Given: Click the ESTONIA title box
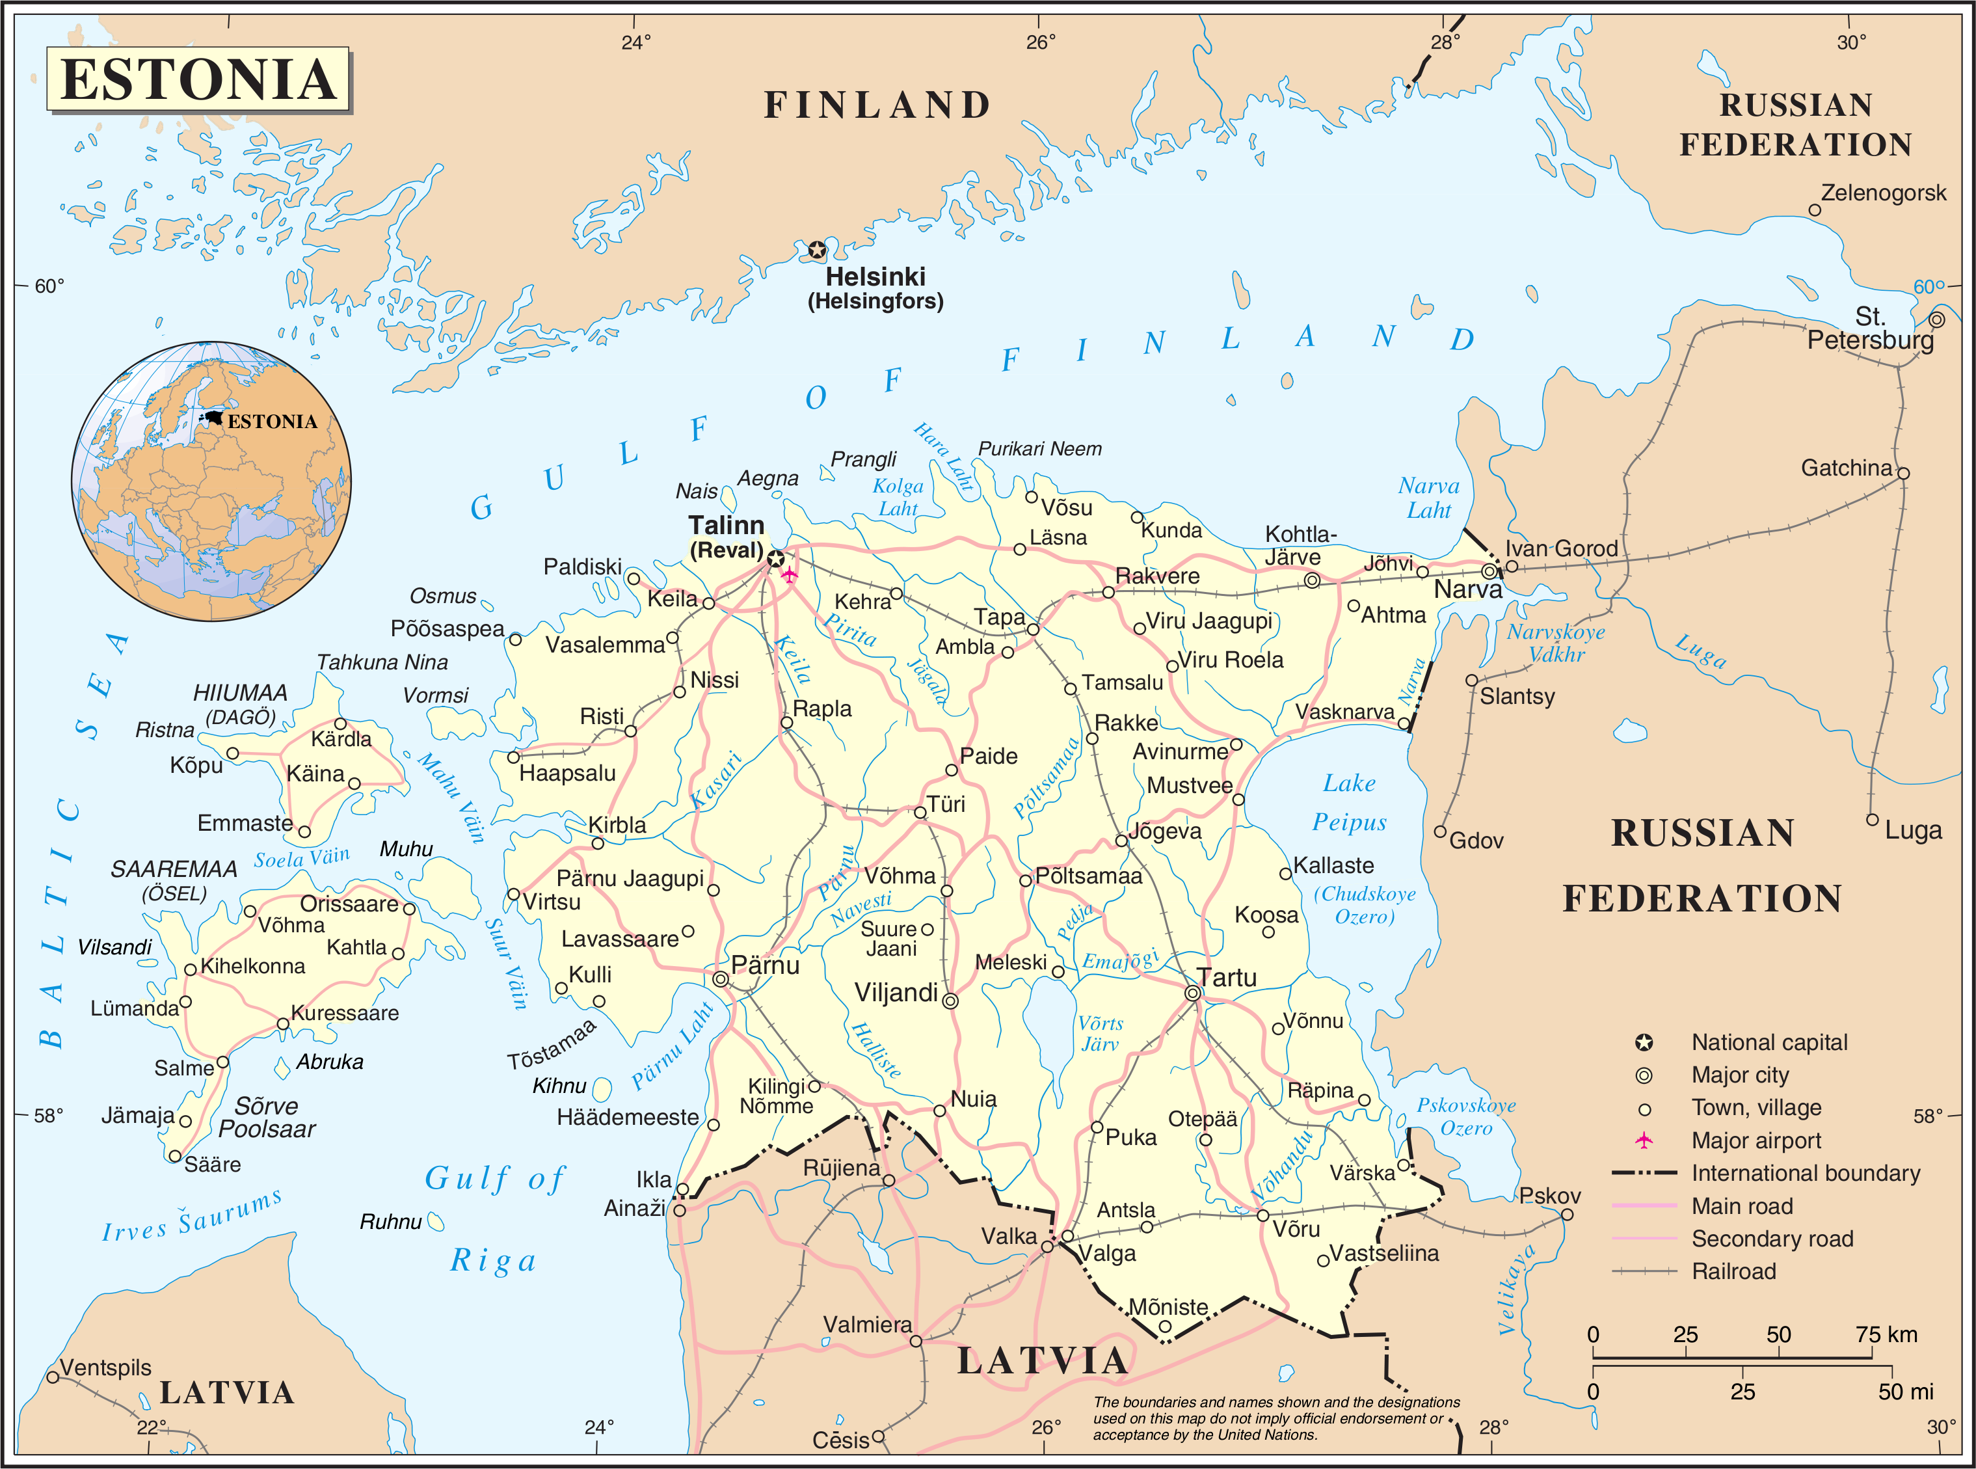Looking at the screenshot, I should pos(198,80).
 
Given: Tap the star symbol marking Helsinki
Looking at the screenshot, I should pos(817,250).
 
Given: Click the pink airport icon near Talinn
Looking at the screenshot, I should pos(788,574).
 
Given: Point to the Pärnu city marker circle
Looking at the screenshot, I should pos(721,979).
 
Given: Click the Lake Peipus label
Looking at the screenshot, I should pos(1350,802).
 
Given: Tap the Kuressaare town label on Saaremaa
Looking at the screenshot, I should pos(345,1013).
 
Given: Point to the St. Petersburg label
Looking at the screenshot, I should pos(1869,329).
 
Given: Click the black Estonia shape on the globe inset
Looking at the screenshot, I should pos(213,417).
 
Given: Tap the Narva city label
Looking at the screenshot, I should pos(1467,589).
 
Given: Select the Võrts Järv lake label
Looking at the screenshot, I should pos(1101,1033).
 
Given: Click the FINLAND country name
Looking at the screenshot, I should pos(877,105).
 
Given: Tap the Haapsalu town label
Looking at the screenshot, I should pos(567,773).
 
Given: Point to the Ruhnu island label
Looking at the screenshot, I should pos(390,1222).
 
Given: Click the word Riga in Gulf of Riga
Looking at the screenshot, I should pos(493,1261).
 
